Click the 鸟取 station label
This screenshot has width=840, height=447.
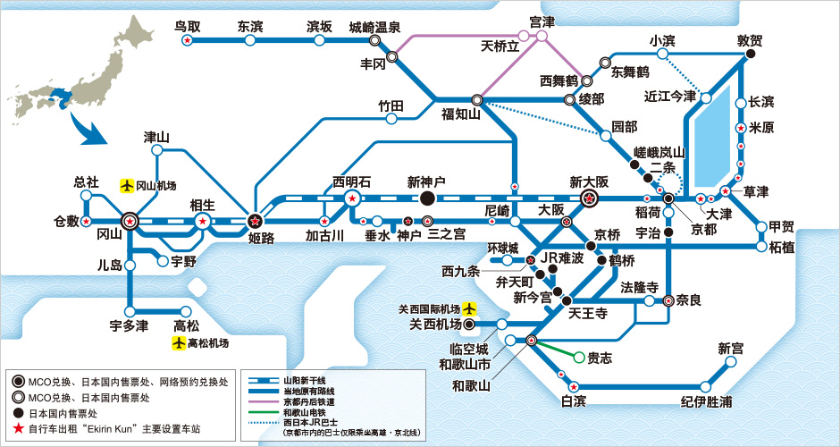pos(188,27)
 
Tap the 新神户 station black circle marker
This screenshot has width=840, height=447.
pos(426,198)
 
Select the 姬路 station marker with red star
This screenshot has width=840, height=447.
pos(255,220)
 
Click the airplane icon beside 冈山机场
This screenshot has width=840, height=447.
pos(127,186)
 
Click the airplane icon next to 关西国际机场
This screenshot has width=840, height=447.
pos(469,309)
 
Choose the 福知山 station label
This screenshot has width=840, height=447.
pos(461,114)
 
